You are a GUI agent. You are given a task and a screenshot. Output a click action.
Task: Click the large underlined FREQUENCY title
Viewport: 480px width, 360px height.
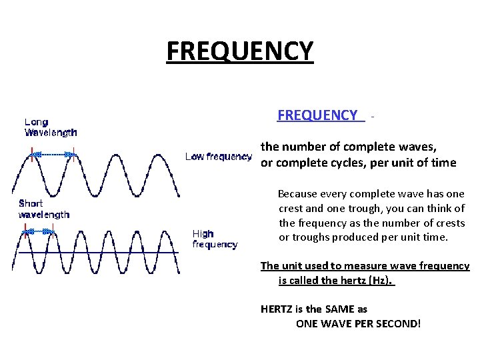[x=239, y=51]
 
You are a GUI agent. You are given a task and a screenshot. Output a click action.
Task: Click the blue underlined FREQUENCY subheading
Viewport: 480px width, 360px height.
[x=317, y=115]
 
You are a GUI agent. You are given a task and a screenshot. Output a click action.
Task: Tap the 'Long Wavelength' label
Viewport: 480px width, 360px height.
[x=51, y=127]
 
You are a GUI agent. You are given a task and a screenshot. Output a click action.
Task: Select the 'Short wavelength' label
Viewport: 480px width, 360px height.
[x=44, y=209]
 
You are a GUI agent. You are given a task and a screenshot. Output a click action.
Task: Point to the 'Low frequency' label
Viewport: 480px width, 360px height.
[x=218, y=157]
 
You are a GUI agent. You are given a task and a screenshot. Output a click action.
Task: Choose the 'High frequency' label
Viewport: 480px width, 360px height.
[x=215, y=239]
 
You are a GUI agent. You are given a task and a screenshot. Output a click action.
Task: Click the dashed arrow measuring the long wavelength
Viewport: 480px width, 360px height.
[x=53, y=154]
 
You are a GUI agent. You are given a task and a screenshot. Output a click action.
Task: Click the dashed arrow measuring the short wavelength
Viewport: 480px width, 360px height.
[x=39, y=231]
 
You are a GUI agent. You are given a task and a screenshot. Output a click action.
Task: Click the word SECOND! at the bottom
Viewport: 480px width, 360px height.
[x=397, y=324]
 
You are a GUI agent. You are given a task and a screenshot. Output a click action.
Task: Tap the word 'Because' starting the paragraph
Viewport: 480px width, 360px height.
[x=299, y=194]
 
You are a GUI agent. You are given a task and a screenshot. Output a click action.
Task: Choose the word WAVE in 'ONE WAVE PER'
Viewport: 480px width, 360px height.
[x=339, y=324]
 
